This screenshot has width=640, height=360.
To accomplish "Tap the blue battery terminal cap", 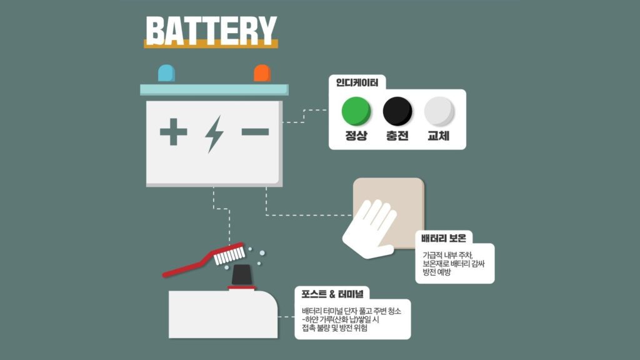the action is [x=166, y=74].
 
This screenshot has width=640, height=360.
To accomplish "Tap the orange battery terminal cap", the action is [x=262, y=74].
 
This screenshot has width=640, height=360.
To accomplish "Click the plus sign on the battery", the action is [x=174, y=131].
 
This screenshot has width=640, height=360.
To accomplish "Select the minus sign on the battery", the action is [x=255, y=131].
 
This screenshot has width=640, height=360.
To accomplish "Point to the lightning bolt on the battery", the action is [x=214, y=134].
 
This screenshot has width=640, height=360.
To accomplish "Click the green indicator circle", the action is [x=356, y=111].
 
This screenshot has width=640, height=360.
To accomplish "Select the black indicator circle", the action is [x=397, y=111].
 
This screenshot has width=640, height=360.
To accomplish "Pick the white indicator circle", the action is [x=439, y=111].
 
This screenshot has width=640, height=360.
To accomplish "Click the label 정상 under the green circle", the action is [x=356, y=136].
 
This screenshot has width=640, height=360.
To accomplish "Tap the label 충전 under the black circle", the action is [x=397, y=136].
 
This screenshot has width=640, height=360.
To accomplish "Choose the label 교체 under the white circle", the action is [x=438, y=136].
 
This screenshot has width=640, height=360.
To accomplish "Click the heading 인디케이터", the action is [x=357, y=83].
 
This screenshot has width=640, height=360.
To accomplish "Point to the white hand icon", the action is [x=369, y=229].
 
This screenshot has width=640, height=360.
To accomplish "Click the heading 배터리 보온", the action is [x=444, y=238].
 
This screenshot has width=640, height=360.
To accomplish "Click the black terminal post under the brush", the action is [x=242, y=275].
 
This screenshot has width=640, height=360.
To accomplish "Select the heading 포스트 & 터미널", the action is [x=332, y=294].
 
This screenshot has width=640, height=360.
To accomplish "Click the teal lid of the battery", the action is [x=214, y=90].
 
